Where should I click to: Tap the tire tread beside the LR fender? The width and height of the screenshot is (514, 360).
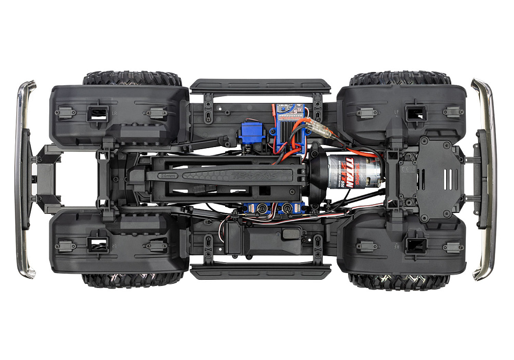click(x=132, y=79)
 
